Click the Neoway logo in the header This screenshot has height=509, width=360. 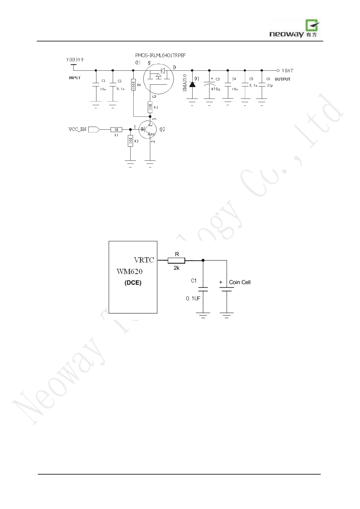[x=295, y=29]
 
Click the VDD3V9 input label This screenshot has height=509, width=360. [x=75, y=60]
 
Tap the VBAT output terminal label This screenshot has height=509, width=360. [x=287, y=71]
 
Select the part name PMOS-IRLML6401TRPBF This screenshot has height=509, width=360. [x=160, y=56]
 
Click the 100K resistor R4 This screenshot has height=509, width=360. [x=133, y=85]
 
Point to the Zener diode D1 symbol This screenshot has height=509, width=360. [x=192, y=84]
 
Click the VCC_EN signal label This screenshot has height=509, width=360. [x=77, y=129]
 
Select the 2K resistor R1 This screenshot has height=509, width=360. [x=116, y=129]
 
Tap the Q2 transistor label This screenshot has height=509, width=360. [x=162, y=129]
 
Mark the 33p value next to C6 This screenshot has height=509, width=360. [x=270, y=86]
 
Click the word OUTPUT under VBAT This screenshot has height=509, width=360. [x=282, y=79]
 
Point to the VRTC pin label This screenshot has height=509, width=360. [x=144, y=260]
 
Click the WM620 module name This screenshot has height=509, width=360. [x=129, y=271]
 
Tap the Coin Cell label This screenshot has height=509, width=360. [x=240, y=282]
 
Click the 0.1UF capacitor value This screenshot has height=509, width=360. [x=193, y=298]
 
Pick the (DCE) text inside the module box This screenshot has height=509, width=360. [x=133, y=283]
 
